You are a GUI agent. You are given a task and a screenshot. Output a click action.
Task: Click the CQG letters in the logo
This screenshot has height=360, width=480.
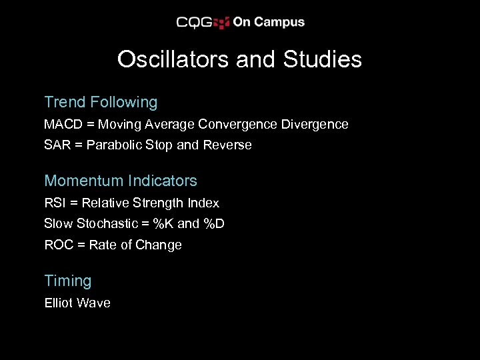tap(194, 23)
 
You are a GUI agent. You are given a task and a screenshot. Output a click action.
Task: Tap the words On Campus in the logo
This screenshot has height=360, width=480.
tap(268, 22)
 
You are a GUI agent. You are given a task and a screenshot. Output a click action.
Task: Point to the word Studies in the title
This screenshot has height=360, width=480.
tap(323, 60)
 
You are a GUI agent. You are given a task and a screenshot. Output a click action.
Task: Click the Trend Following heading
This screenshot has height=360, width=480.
tap(101, 103)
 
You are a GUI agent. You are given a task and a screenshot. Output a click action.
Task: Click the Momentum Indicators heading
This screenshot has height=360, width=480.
tap(121, 181)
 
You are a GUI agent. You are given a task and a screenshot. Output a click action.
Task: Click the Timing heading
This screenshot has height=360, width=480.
tap(67, 281)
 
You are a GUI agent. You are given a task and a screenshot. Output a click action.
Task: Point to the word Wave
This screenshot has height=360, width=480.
tap(94, 303)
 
